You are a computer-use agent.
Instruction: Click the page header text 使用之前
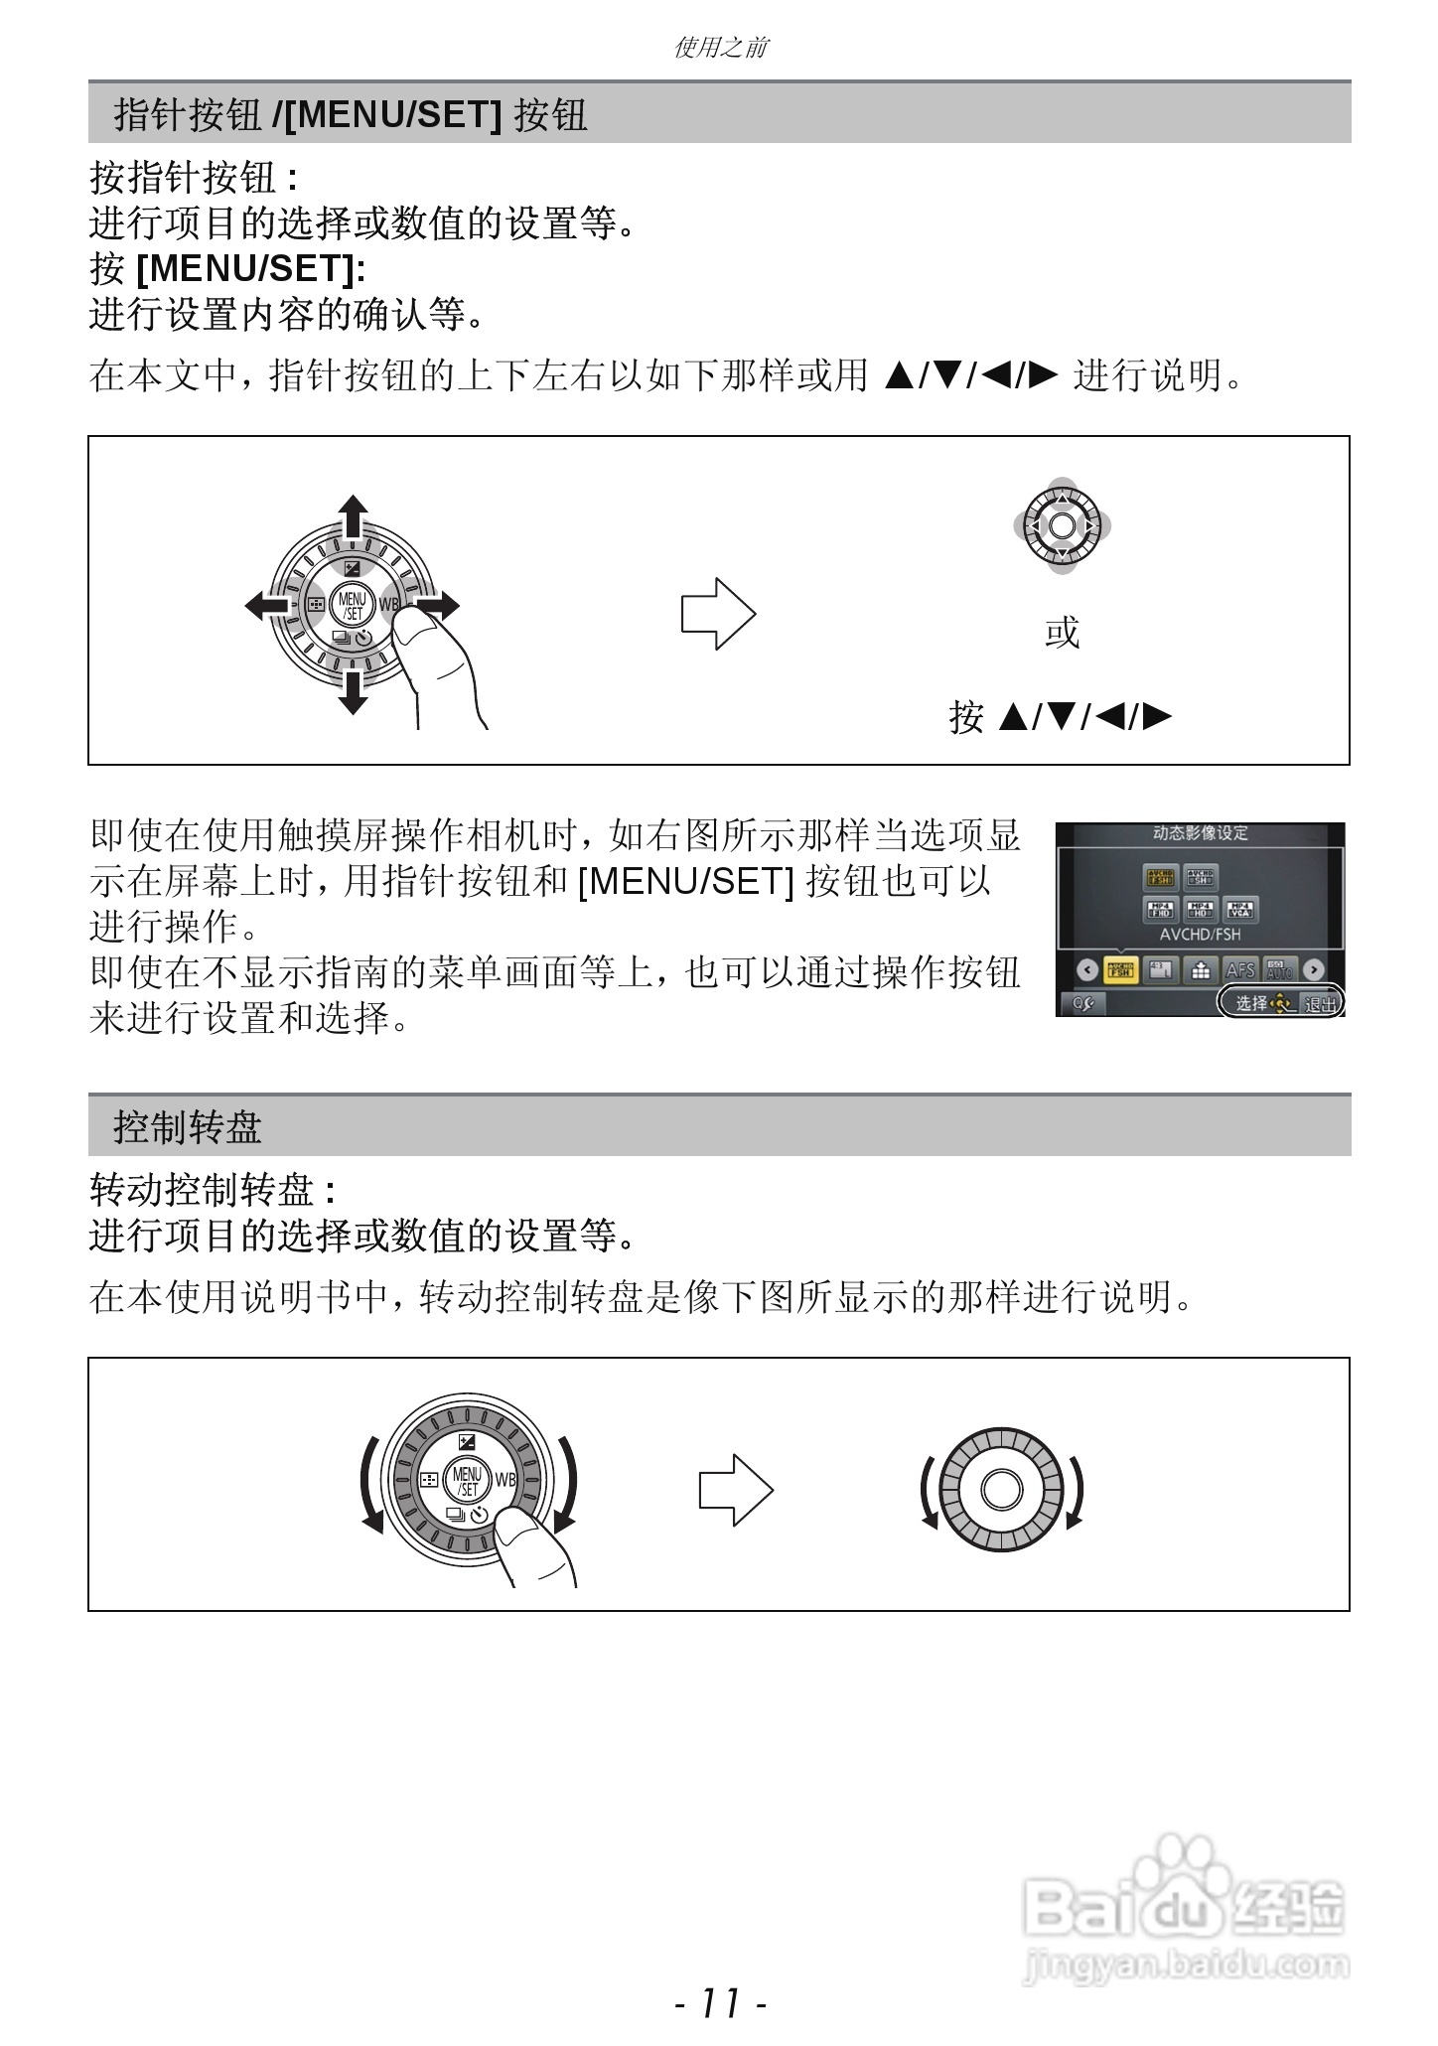tap(720, 47)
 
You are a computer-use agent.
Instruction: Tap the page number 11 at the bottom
tap(720, 2003)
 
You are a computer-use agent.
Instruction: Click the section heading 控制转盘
tap(188, 1126)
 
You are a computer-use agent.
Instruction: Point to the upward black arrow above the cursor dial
tap(353, 516)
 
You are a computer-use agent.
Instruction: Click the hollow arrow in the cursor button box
tap(718, 614)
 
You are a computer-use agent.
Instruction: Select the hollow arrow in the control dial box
tap(736, 1490)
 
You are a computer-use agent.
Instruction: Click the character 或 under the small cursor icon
tap(1062, 632)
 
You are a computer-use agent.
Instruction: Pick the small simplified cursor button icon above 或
tap(1062, 525)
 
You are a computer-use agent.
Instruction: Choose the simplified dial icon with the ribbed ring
tap(1002, 1490)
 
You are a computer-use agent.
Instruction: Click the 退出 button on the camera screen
tap(1321, 1003)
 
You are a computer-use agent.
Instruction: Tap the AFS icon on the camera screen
tap(1240, 969)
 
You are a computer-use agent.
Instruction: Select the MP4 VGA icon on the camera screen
tap(1240, 910)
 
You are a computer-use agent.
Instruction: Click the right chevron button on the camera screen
tap(1314, 969)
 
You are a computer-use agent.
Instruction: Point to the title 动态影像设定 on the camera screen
tap(1200, 833)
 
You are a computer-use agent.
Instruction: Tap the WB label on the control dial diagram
tap(505, 1480)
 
